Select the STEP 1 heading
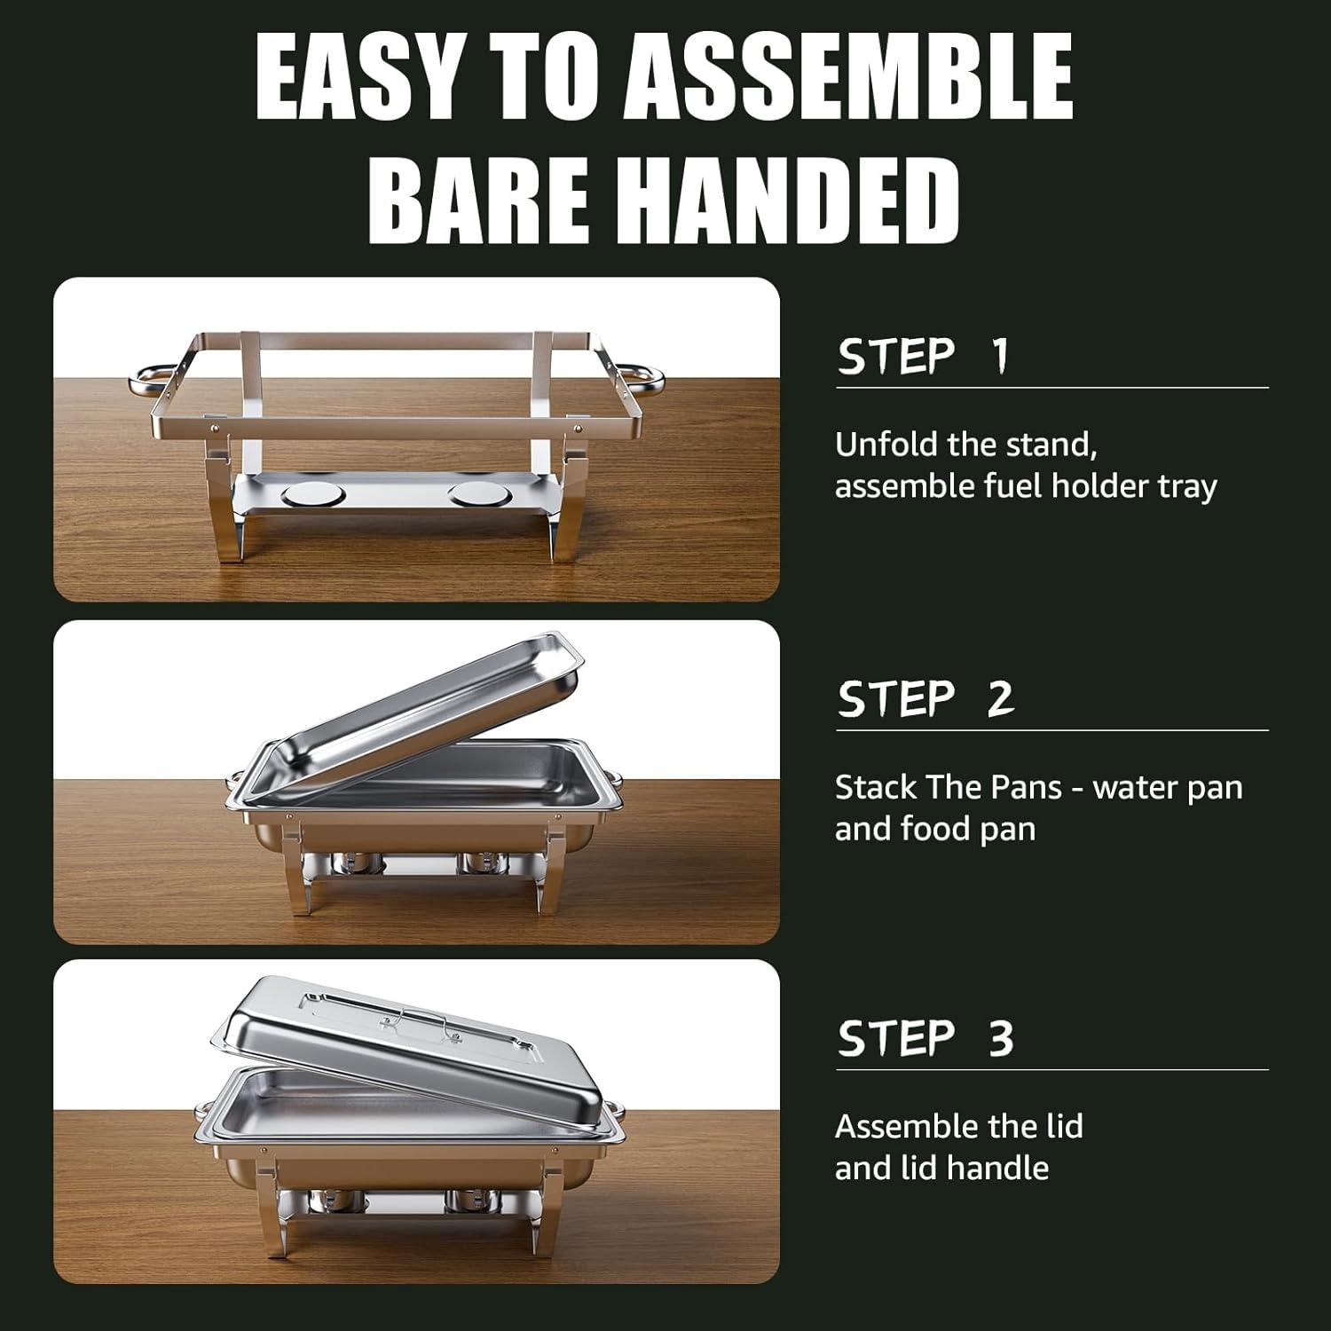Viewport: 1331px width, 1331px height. point(924,357)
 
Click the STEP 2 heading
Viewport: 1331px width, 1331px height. point(925,699)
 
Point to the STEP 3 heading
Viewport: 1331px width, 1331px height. point(925,1038)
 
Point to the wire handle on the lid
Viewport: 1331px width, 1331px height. point(419,1022)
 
